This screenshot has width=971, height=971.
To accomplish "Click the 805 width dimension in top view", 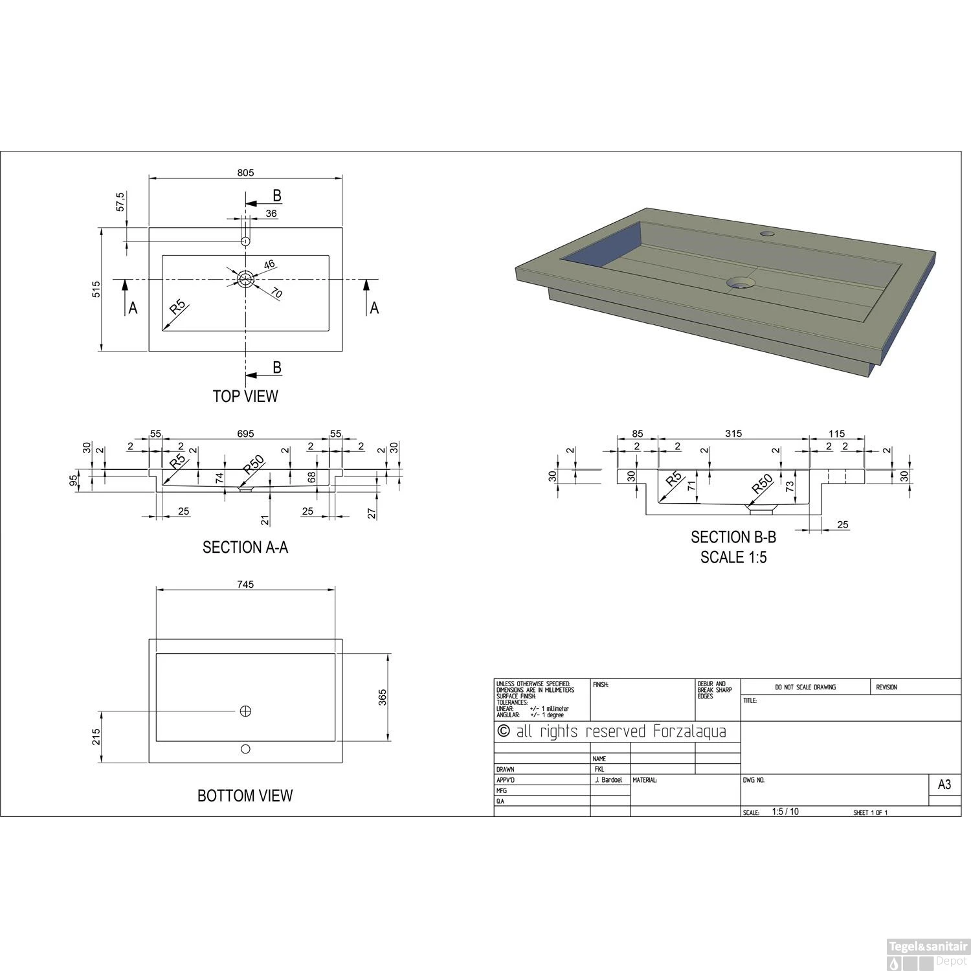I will click(x=245, y=173).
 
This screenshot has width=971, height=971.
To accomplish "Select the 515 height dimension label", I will click(x=96, y=289).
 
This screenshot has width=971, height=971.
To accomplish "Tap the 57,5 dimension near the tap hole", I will click(x=120, y=201).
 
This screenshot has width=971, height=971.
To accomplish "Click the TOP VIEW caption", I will click(x=245, y=396).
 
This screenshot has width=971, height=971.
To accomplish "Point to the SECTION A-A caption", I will click(x=245, y=548).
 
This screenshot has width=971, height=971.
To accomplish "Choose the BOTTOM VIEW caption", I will click(x=245, y=796).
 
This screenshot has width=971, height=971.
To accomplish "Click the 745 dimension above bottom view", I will click(x=245, y=585).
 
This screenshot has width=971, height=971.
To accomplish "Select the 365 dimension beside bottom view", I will click(x=383, y=697).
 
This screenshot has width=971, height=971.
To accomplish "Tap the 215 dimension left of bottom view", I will click(x=96, y=737).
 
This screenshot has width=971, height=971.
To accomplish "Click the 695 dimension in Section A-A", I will click(x=245, y=434).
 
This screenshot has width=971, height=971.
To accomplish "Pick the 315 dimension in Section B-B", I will click(x=733, y=434).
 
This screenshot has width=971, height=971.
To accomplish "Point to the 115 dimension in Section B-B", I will click(x=836, y=434).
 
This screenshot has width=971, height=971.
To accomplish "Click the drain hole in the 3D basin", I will click(x=741, y=283).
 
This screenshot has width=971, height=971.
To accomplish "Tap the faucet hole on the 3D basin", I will click(x=768, y=233).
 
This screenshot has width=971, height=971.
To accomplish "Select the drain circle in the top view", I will click(x=245, y=279).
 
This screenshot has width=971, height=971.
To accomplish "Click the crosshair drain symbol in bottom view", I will click(x=245, y=711).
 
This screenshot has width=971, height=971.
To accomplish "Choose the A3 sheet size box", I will click(x=944, y=785).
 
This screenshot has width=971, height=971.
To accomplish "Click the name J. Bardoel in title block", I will click(x=608, y=781).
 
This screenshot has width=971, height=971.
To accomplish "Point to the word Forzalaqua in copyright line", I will click(x=689, y=732).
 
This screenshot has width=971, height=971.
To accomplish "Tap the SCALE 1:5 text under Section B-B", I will click(x=733, y=557).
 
